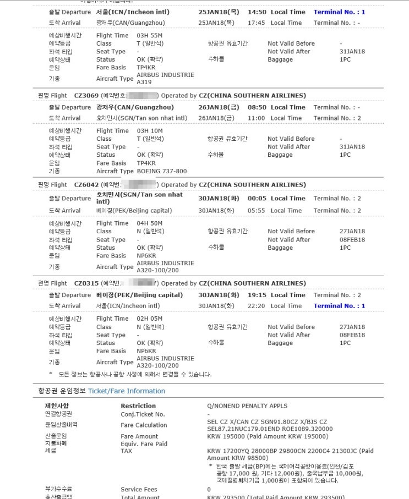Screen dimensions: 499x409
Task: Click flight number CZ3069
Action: (86, 96)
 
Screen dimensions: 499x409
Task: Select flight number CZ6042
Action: (86, 185)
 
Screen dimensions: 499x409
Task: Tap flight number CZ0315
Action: (86, 283)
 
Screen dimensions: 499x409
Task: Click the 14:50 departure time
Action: (257, 12)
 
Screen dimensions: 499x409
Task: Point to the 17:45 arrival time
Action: (257, 23)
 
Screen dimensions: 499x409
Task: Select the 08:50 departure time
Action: (257, 107)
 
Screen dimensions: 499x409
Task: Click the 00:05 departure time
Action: (257, 198)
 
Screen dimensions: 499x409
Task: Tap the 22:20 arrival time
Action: (257, 306)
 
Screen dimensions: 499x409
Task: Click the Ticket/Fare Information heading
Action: (127, 391)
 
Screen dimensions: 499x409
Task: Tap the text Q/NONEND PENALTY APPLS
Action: (247, 406)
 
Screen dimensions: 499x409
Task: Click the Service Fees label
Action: (139, 489)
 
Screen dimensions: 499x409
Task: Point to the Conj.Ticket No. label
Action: (143, 414)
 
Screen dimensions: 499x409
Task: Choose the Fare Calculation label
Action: (144, 425)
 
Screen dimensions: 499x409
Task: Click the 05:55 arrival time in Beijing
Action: (257, 211)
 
